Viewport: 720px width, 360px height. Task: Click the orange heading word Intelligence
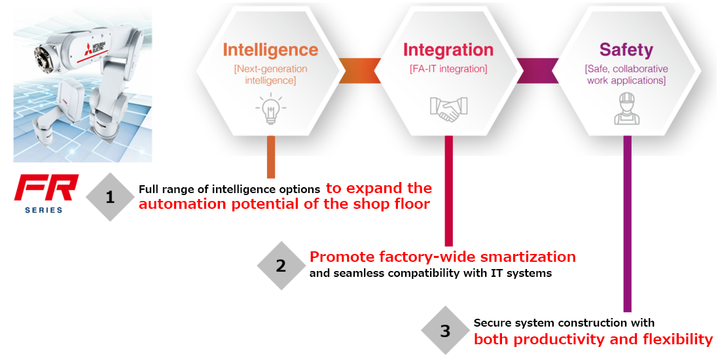pyautogui.click(x=270, y=50)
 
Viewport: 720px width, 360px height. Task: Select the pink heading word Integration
pyautogui.click(x=448, y=50)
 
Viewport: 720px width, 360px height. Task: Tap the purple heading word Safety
pyautogui.click(x=626, y=50)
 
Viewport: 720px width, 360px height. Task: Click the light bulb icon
pyautogui.click(x=270, y=109)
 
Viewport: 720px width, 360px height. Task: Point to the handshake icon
pyautogui.click(x=448, y=109)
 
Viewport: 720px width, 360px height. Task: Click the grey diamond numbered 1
pyautogui.click(x=109, y=198)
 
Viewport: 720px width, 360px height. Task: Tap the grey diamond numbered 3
pyautogui.click(x=445, y=331)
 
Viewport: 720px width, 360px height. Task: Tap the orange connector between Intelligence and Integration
pyautogui.click(x=359, y=71)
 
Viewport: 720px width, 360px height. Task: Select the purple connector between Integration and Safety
pyautogui.click(x=537, y=71)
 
